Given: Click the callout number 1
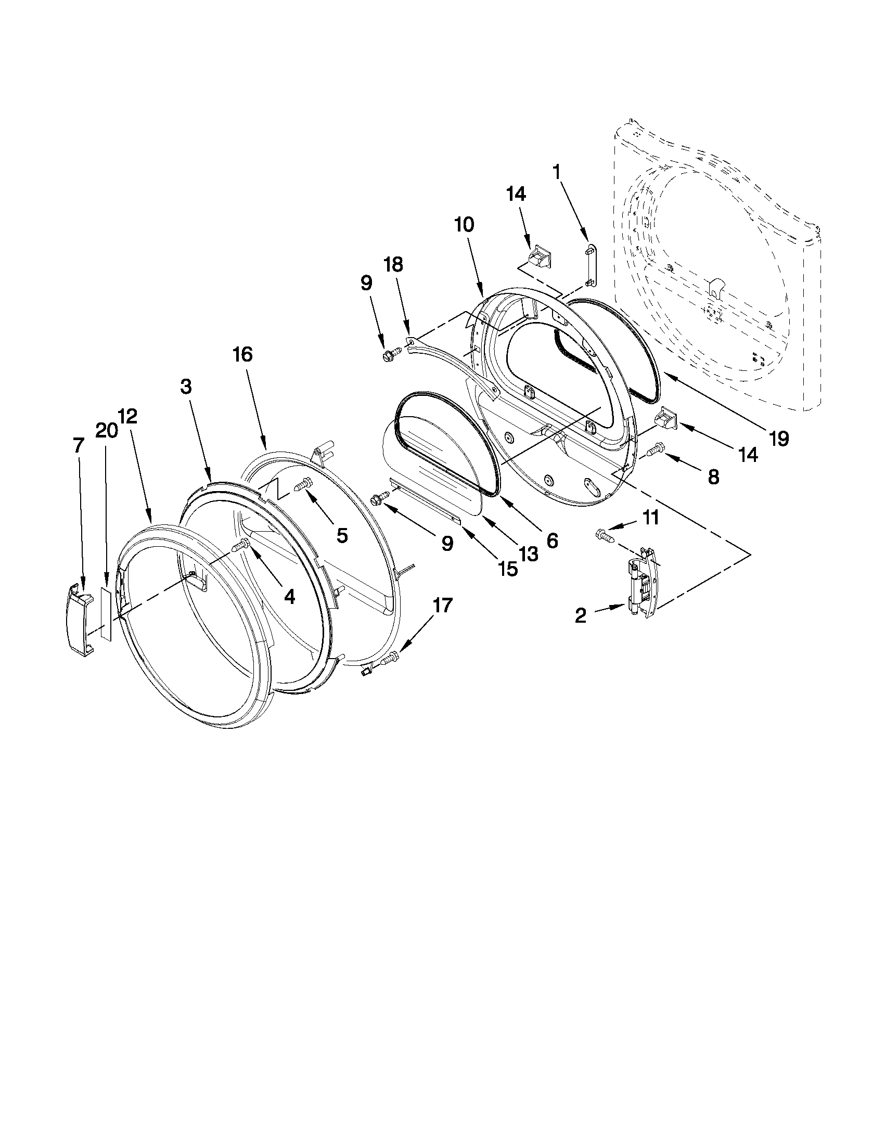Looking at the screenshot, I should (557, 172).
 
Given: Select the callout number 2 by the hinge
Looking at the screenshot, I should (581, 616).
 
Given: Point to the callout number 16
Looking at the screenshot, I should (243, 355).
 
